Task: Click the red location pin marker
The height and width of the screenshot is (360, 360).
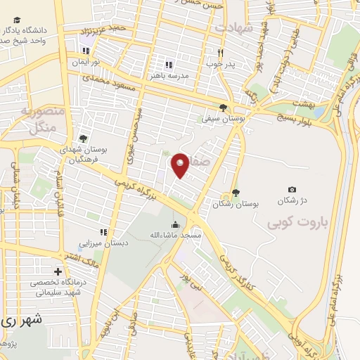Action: [180, 165]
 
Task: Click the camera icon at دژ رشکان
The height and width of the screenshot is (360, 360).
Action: [292, 189]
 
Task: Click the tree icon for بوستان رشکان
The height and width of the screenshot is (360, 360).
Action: [235, 193]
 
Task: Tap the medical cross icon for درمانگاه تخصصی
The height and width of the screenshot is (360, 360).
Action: [58, 271]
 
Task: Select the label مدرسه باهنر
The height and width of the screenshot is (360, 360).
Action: [169, 75]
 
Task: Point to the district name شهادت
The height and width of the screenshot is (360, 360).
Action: [233, 27]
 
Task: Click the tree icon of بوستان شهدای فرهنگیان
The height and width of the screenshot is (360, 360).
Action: [83, 139]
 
